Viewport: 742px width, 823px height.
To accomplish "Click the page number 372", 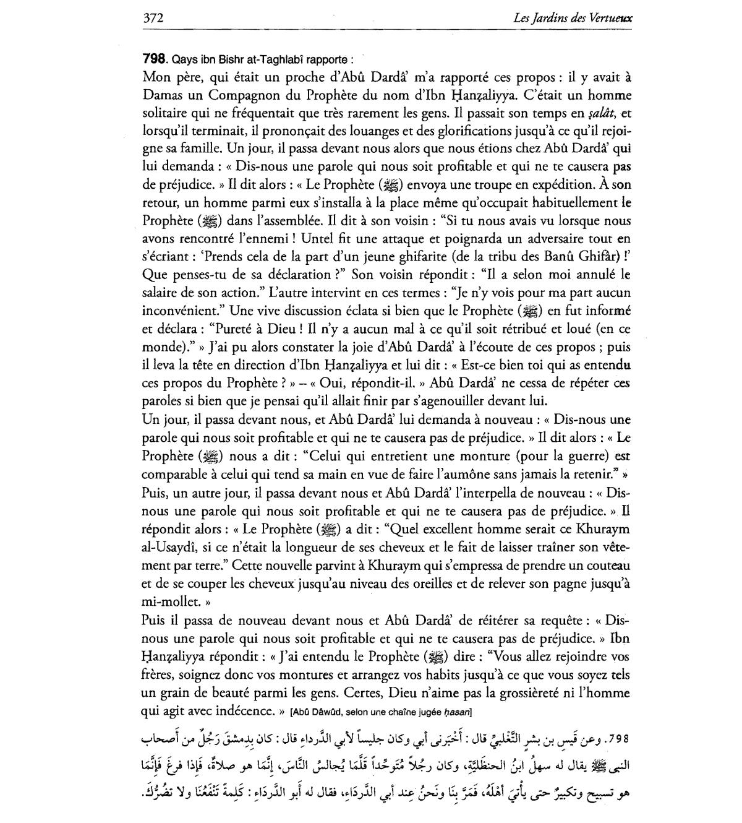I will [153, 18].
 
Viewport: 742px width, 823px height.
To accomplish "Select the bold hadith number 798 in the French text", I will [155, 59].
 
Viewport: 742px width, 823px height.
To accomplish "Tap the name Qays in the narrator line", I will [184, 59].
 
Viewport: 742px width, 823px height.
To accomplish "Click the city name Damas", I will [162, 95].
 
